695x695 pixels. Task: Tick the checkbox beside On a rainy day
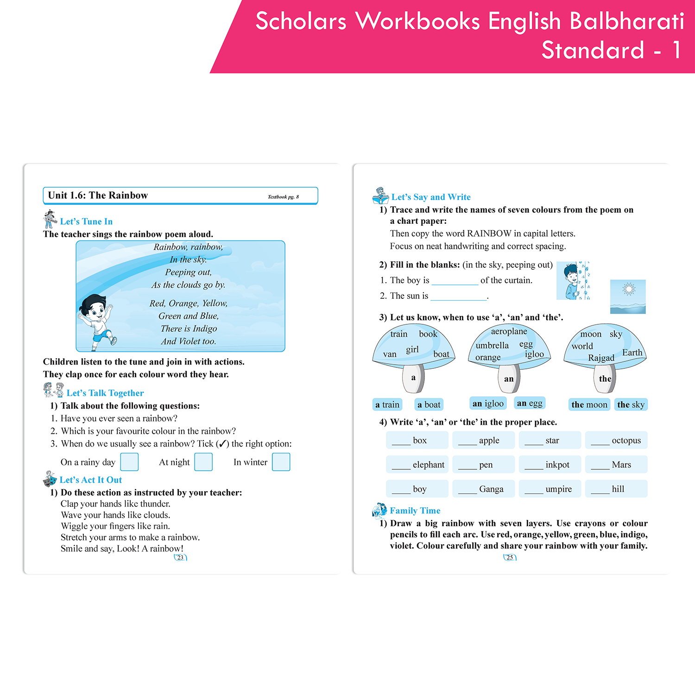point(129,462)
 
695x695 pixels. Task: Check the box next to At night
point(203,462)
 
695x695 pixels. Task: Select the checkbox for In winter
point(281,462)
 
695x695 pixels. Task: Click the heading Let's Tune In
point(86,221)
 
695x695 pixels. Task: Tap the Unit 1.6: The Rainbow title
point(98,196)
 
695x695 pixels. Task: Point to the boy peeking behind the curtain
point(573,281)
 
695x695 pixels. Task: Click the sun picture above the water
point(628,296)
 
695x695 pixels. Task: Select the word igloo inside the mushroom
point(534,354)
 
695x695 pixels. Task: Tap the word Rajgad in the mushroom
point(601,358)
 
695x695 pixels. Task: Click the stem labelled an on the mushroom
point(509,379)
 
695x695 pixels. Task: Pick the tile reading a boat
point(429,404)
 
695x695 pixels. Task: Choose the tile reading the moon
point(589,404)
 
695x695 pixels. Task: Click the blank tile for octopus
point(616,440)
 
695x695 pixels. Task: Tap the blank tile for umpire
point(550,489)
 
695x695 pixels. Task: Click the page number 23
point(180,557)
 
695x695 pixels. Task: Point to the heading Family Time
point(415,511)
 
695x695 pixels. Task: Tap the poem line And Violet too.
point(188,341)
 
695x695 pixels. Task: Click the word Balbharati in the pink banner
point(626,21)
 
